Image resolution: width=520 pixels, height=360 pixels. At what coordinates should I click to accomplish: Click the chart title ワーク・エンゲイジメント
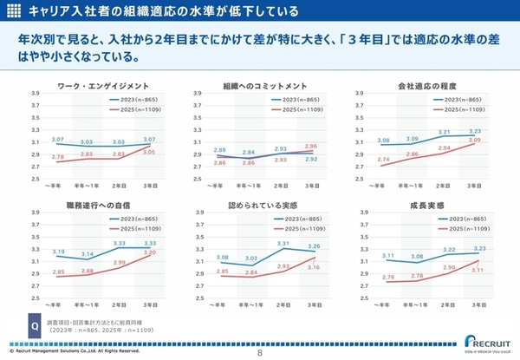(103, 87)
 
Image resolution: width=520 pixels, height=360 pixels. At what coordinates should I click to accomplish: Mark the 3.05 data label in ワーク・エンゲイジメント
(149, 152)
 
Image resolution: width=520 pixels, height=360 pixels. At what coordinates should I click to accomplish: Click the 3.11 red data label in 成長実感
(476, 271)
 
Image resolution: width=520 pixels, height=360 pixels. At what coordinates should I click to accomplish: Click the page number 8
(259, 353)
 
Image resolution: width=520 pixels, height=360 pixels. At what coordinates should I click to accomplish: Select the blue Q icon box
(35, 327)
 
